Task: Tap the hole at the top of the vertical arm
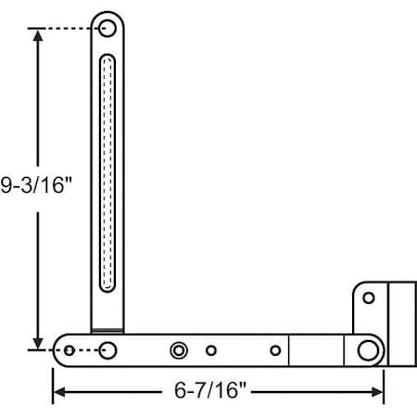pyautogui.click(x=108, y=28)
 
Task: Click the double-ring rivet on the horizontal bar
pyautogui.click(x=179, y=350)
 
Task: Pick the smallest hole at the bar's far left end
pyautogui.click(x=69, y=350)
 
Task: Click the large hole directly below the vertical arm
pyautogui.click(x=108, y=350)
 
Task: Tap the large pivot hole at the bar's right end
pyautogui.click(x=369, y=350)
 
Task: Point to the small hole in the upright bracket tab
pyautogui.click(x=369, y=298)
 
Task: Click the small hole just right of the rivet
pyautogui.click(x=212, y=350)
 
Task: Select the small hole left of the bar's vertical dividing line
pyautogui.click(x=274, y=350)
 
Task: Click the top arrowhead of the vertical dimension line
pyautogui.click(x=36, y=35)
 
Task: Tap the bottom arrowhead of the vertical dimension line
pyautogui.click(x=36, y=344)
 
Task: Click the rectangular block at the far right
pyautogui.click(x=400, y=324)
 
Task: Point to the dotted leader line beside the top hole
pyautogui.click(x=69, y=29)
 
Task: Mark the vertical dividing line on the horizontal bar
pyautogui.click(x=290, y=350)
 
